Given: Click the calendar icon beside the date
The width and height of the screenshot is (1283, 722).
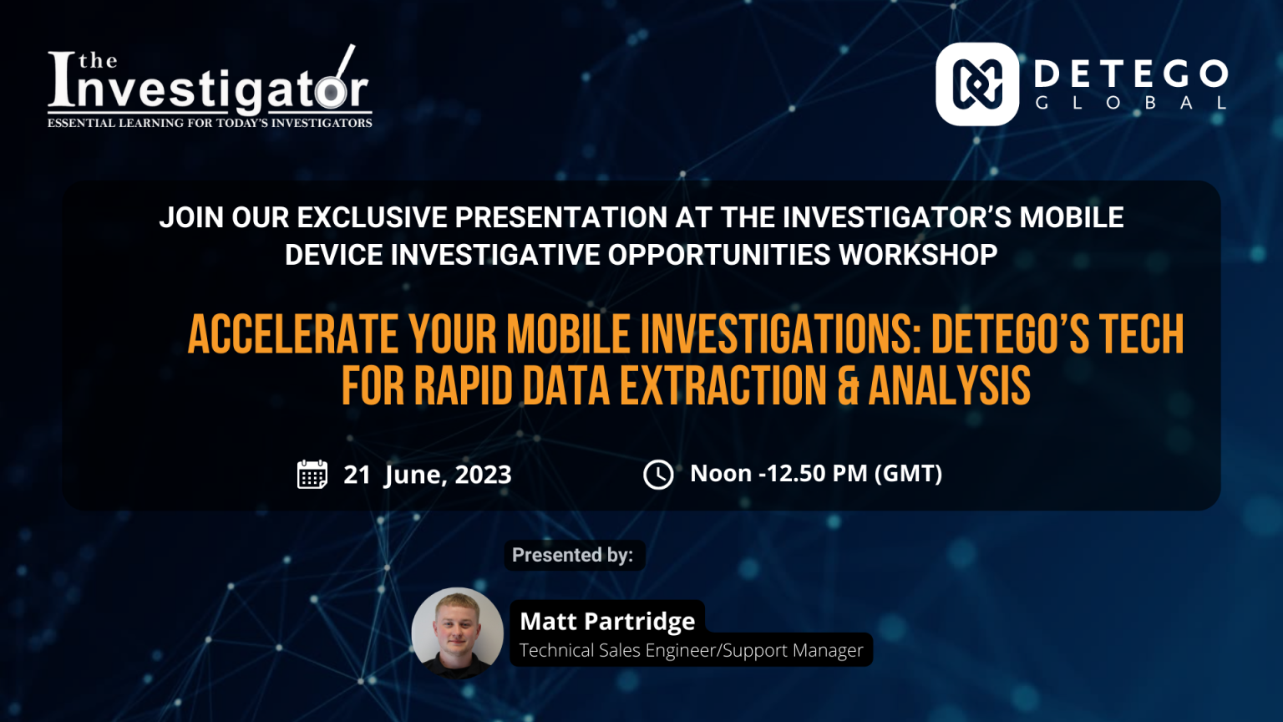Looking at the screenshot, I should tap(312, 474).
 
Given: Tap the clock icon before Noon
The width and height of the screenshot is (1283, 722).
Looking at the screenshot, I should tap(658, 475).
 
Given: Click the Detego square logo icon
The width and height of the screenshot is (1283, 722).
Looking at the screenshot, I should tap(977, 84).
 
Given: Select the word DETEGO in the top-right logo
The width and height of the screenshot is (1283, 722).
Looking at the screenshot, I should tap(1131, 74).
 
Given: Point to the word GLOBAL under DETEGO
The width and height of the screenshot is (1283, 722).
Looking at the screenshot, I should tap(1131, 103).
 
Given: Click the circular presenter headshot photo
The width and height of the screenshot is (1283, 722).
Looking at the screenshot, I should tap(458, 633).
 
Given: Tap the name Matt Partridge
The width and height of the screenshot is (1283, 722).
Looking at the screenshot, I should tap(607, 621).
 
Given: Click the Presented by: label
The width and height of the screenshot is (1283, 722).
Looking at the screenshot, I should tap(573, 555).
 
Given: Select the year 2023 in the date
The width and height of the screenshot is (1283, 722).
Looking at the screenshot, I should tap(483, 475).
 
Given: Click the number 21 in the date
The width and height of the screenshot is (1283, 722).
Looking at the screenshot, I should tap(357, 475).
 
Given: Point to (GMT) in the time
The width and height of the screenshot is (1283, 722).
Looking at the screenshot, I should tap(908, 474).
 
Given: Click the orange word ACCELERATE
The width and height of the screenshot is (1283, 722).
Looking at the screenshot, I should tap(293, 334).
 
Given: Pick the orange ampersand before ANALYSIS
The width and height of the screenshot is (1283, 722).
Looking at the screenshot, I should tap(848, 385).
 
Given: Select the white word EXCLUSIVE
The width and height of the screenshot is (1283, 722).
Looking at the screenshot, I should tap(373, 217).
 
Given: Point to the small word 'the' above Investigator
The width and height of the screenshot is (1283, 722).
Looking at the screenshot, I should tap(98, 61).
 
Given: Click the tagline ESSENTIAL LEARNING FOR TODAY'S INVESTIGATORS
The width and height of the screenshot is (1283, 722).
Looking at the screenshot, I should tap(210, 123).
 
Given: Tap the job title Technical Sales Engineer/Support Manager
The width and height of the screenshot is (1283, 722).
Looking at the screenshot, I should tap(691, 650).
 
